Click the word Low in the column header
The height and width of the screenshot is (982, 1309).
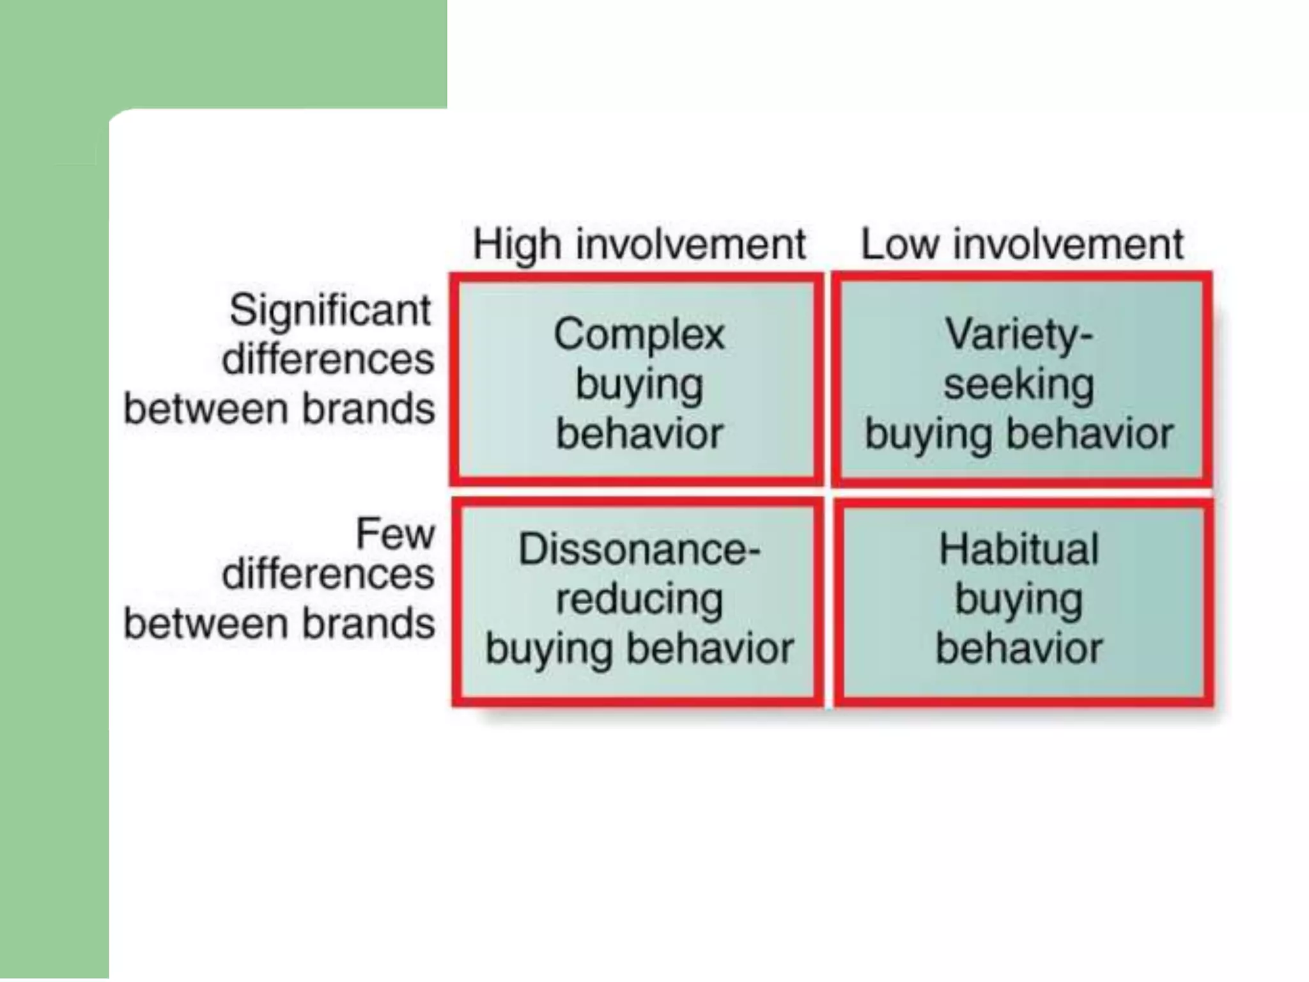click(x=899, y=245)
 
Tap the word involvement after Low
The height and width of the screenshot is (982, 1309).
click(x=1068, y=245)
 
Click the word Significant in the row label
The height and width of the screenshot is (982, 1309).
click(x=330, y=311)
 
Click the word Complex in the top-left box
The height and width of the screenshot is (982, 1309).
click(x=639, y=334)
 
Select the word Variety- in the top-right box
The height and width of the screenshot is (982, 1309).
click(x=1019, y=334)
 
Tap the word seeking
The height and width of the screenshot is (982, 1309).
click(x=1019, y=384)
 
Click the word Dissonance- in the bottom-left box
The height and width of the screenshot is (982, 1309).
click(x=639, y=549)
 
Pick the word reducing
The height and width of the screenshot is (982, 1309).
click(x=639, y=599)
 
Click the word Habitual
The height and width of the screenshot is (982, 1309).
click(x=1019, y=549)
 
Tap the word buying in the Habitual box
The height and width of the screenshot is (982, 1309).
click(x=1019, y=600)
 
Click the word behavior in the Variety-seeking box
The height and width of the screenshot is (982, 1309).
click(x=1090, y=434)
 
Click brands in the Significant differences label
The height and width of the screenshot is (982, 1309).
click(x=368, y=409)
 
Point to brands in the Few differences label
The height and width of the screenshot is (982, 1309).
click(x=368, y=624)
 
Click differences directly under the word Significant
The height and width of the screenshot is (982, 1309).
click(x=328, y=359)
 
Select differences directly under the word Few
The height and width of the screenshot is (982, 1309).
click(x=328, y=574)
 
